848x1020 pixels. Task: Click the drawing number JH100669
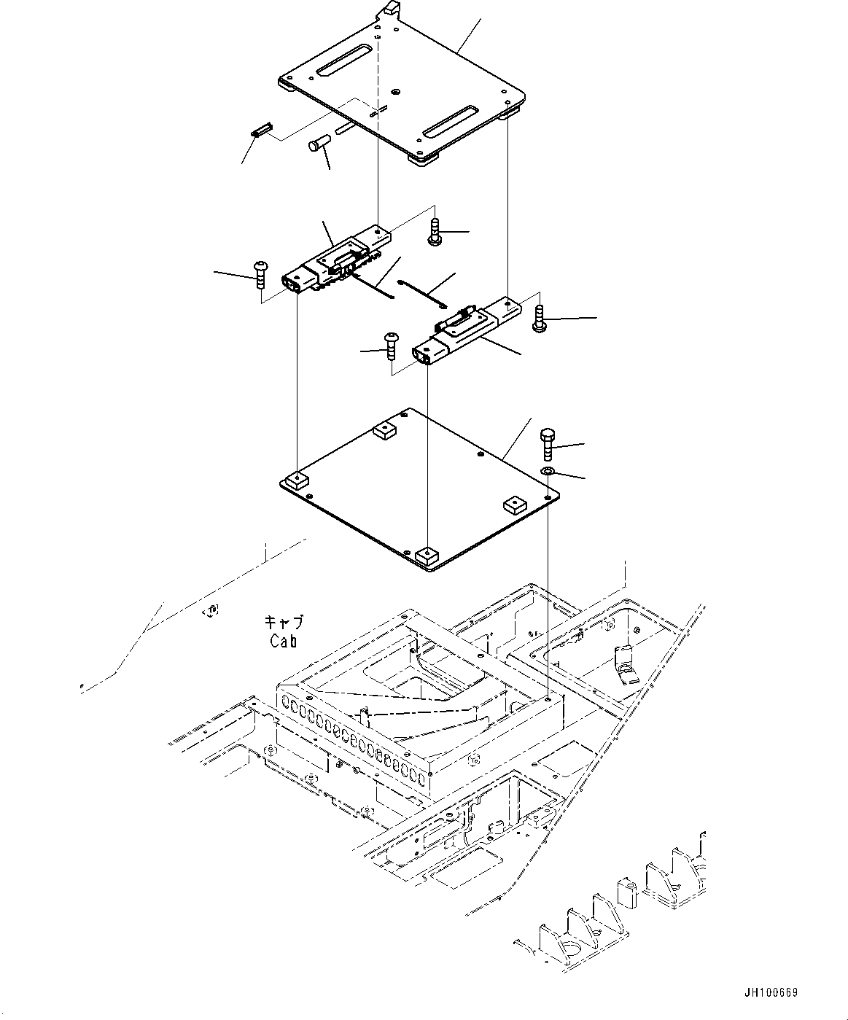click(x=771, y=993)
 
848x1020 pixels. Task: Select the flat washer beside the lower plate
click(x=547, y=472)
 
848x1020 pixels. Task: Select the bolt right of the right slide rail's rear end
click(x=539, y=319)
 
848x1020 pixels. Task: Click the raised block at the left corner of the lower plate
click(x=297, y=480)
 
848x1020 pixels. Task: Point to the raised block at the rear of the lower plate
click(x=384, y=431)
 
